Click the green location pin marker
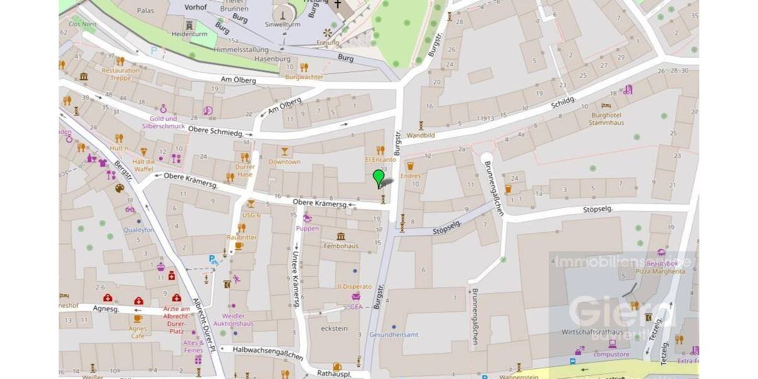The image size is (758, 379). tap(378, 177)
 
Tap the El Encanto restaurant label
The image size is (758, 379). tap(380, 160)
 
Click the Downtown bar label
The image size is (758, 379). tap(284, 162)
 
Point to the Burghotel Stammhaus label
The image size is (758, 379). tap(606, 119)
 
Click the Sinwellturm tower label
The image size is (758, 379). tap(282, 24)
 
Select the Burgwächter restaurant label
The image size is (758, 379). tap(304, 77)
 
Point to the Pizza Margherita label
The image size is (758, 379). tap(660, 271)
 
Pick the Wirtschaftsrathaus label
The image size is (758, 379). tap(593, 332)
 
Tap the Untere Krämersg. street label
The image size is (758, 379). tap(295, 278)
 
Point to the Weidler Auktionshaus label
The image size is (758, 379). tap(233, 320)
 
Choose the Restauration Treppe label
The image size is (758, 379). tap(121, 74)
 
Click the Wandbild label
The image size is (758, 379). tap(421, 135)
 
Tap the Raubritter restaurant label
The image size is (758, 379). tap(241, 237)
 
